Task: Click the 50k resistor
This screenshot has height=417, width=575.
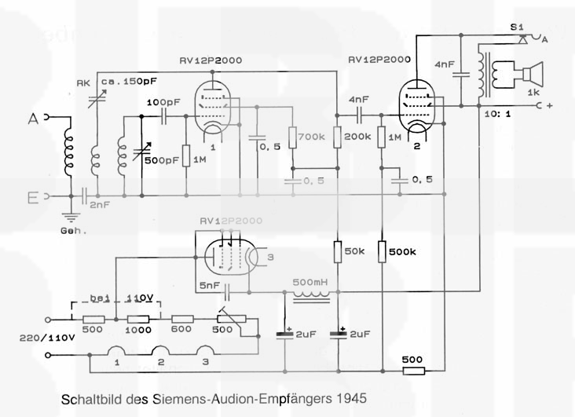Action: [x=338, y=251]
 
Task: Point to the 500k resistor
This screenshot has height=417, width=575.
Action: [x=382, y=251]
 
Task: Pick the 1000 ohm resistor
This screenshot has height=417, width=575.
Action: [x=139, y=319]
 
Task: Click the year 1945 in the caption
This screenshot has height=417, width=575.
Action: [x=350, y=398]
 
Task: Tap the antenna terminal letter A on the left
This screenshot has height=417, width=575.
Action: [x=33, y=118]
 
